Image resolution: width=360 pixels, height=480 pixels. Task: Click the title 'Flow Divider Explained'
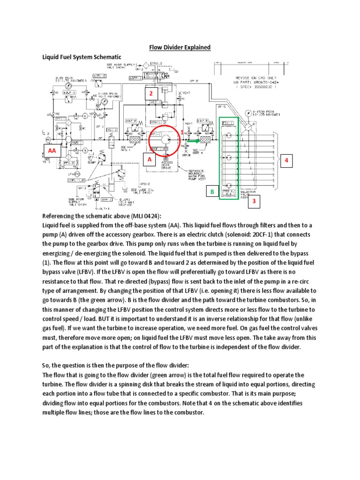180,47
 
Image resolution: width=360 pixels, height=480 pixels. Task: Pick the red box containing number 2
151,94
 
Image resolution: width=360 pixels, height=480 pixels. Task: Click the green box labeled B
212,192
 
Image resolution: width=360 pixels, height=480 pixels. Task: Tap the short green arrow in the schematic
193,139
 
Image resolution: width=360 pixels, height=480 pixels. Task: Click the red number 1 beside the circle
182,133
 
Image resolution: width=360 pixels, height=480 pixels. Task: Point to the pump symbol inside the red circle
165,139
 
